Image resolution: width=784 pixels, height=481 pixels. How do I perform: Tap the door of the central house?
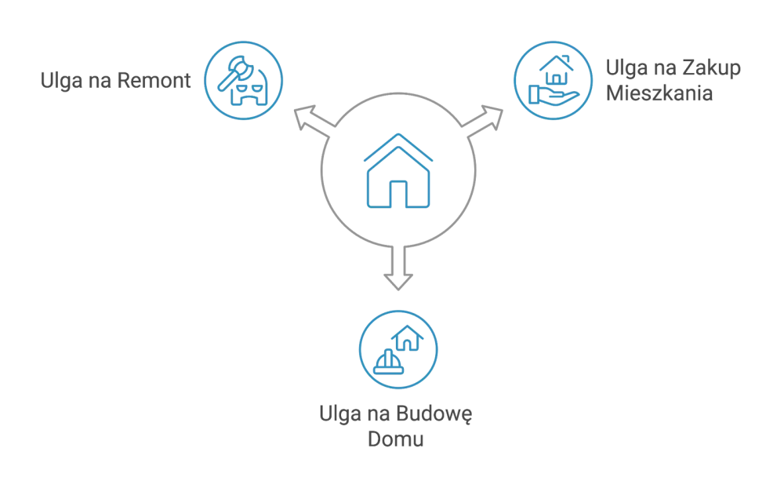pyautogui.click(x=397, y=194)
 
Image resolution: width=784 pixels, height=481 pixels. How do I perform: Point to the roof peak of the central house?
pyautogui.click(x=397, y=138)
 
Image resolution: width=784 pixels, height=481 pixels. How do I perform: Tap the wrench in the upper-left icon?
pyautogui.click(x=234, y=71)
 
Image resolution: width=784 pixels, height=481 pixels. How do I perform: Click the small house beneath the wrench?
pyautogui.click(x=248, y=91)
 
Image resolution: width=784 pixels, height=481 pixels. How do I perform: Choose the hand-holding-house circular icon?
pyautogui.click(x=552, y=81)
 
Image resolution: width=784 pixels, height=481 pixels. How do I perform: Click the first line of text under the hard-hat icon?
pyautogui.click(x=397, y=415)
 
